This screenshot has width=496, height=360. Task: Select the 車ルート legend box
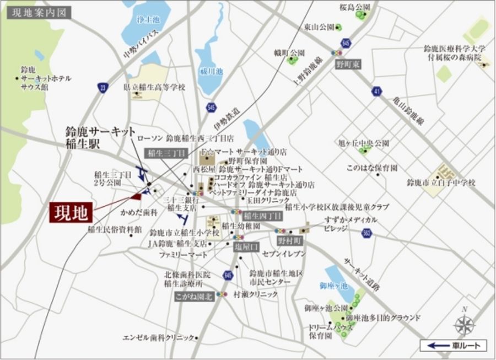pos(454,346)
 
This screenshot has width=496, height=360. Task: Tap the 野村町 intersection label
pos(289,241)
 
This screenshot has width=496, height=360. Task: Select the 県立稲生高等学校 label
pos(155,87)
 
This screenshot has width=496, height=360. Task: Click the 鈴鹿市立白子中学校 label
pos(440,182)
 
